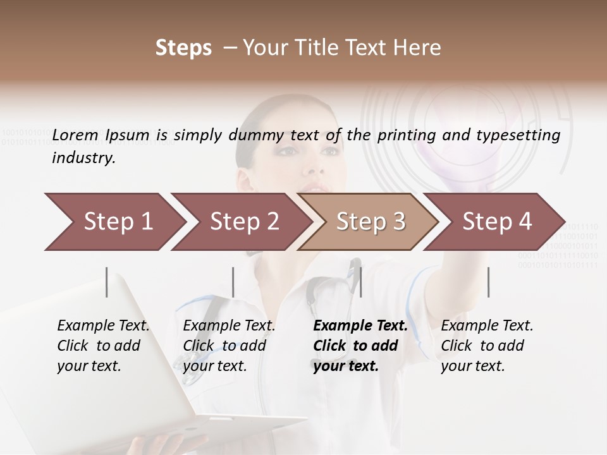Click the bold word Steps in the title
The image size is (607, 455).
click(183, 48)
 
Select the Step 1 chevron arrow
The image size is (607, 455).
click(114, 222)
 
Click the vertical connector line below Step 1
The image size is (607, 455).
click(107, 282)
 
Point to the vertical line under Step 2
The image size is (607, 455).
click(233, 282)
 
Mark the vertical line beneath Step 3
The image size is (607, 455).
click(360, 282)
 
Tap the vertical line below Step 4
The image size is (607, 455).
click(488, 282)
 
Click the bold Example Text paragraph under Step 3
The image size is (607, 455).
click(360, 346)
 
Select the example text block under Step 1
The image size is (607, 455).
click(103, 346)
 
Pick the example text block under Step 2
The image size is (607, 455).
click(229, 346)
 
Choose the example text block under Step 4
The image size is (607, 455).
click(487, 346)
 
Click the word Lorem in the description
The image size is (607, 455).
click(75, 135)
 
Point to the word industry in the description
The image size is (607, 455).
click(83, 158)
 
